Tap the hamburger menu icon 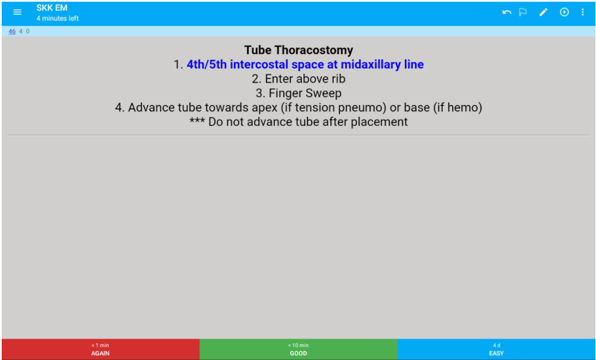point(17,12)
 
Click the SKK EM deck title point(52,8)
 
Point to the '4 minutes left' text point(58,19)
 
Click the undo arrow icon point(507,12)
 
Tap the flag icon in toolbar point(523,12)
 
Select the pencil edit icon point(543,12)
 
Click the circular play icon point(564,12)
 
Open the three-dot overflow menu point(582,12)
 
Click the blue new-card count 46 point(12,32)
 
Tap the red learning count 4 point(21,32)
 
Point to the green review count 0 point(28,32)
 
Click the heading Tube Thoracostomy point(298,50)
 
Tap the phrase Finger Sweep point(305,93)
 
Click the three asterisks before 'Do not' point(197,122)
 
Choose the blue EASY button point(496,349)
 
